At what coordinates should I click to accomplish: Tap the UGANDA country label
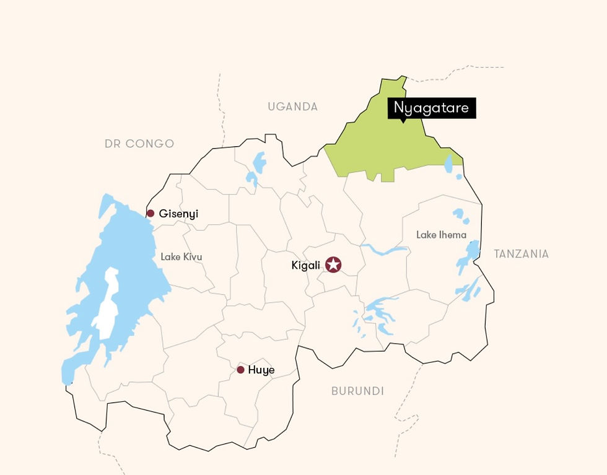(292, 107)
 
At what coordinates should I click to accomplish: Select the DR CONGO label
(139, 144)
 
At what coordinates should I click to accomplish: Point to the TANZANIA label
(521, 253)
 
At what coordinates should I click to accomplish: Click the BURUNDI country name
(357, 391)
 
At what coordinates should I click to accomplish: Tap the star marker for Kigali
(333, 265)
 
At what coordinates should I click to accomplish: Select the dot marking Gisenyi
(150, 214)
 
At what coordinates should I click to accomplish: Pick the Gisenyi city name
(178, 214)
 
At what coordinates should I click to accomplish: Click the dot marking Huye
(240, 370)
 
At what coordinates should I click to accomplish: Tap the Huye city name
(261, 370)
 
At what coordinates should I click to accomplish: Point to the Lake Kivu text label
(181, 256)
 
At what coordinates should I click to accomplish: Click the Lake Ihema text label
(441, 235)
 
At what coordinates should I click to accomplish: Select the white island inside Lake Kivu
(108, 303)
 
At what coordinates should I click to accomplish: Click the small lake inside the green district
(448, 163)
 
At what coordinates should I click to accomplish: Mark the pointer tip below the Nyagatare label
(403, 121)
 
